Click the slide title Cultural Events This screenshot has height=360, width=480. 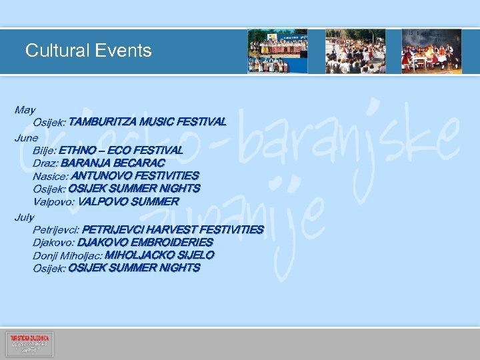point(88,51)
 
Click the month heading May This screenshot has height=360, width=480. point(25,109)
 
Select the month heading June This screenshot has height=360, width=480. point(27,137)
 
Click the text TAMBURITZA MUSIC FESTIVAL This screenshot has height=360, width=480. point(147,123)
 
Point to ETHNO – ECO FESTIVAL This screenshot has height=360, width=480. point(121,150)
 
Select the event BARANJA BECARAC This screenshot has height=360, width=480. point(113,163)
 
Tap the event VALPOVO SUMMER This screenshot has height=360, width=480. point(128,201)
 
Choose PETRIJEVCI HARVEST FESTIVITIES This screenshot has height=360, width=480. point(173,230)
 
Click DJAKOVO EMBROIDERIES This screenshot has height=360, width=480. point(145,243)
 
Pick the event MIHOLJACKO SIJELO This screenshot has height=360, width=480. point(160,255)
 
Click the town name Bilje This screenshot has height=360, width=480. point(44,150)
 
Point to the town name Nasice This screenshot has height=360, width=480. point(50,176)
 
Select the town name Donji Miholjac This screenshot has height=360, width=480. point(67,255)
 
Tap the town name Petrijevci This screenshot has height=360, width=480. point(56,230)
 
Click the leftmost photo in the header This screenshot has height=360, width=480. point(277,51)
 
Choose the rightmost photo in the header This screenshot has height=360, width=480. point(431,51)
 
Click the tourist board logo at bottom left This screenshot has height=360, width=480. point(29,344)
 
